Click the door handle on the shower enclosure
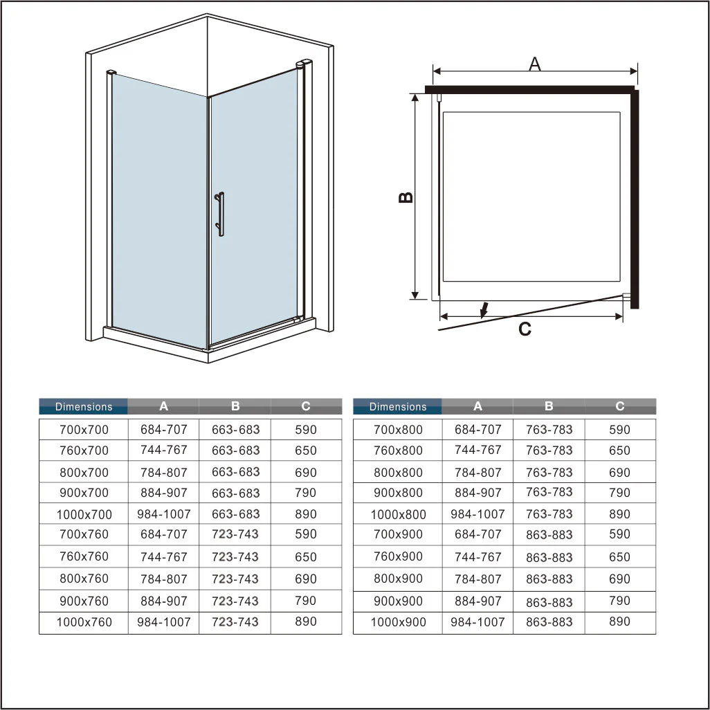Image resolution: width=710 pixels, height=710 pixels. (220, 215)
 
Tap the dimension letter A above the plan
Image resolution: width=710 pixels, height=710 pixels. (534, 64)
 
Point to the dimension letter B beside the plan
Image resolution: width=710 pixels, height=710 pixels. (406, 197)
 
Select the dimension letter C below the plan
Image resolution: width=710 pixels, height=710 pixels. (525, 329)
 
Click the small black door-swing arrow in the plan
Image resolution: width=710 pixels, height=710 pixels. (485, 309)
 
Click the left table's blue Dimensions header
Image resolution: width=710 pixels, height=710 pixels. (84, 407)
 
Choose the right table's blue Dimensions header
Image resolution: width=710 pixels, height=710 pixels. (398, 407)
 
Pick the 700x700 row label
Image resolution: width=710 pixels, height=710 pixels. (84, 430)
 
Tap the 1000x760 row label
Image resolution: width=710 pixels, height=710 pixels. (84, 622)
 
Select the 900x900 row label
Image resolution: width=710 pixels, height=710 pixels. (398, 601)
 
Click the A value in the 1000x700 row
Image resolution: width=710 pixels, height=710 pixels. (164, 514)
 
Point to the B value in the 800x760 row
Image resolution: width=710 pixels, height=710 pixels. (235, 579)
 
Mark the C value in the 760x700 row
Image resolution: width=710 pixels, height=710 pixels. (306, 450)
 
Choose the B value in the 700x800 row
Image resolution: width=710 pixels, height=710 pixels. (549, 430)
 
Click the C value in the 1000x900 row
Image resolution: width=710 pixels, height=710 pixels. (620, 621)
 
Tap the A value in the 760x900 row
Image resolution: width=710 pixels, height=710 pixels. (477, 556)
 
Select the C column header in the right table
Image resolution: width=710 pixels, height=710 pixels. (620, 407)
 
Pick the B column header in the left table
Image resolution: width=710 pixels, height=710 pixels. (235, 407)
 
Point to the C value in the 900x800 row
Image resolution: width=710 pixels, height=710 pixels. (620, 493)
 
